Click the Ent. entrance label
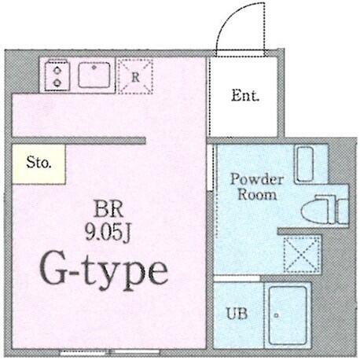pos(245,96)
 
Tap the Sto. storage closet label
pos(39,163)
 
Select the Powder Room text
pos(257,187)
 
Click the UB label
pos(237,313)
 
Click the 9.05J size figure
pos(108,233)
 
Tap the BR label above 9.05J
pos(108,210)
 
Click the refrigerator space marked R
pos(135,76)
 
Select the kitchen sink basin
pos(94,75)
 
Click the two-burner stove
pos(57,76)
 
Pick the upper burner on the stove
pos(57,70)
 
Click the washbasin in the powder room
pos(304,164)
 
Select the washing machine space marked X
pos(302,254)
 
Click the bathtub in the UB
pos(288,315)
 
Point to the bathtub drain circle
pos(276,315)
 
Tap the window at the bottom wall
pos(109,353)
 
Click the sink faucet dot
pos(94,68)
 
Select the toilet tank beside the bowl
pos(343,211)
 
